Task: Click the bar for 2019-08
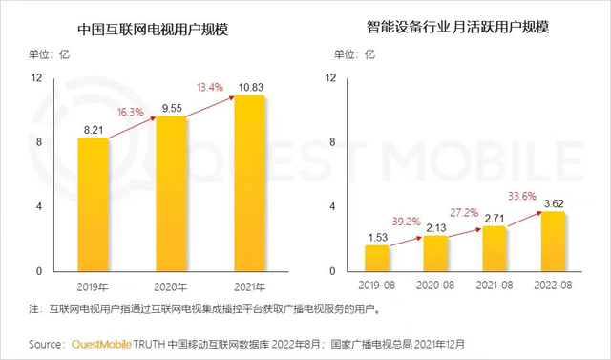tap(377, 258)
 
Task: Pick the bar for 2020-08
tap(435, 253)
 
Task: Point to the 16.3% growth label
tap(130, 111)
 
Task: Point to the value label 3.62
tap(555, 201)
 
